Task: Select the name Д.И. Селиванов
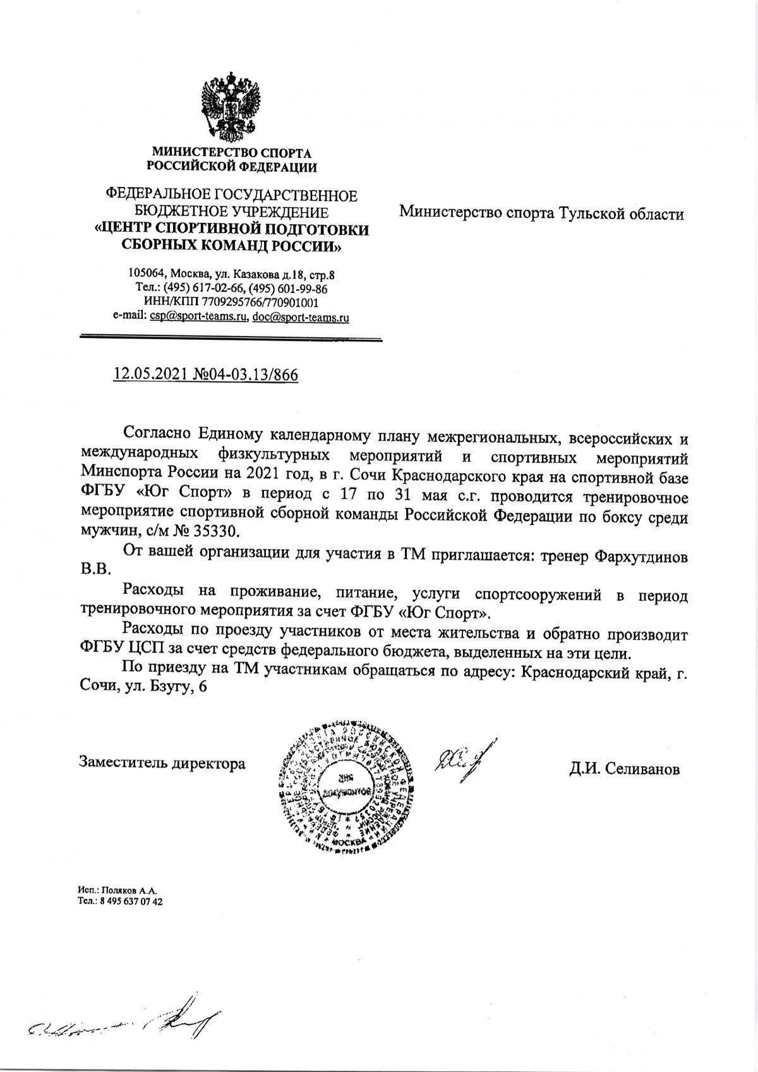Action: click(x=624, y=769)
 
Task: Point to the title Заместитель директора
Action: click(x=162, y=763)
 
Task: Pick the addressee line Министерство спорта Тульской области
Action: click(x=541, y=214)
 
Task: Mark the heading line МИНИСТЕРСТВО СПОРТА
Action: click(x=231, y=152)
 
